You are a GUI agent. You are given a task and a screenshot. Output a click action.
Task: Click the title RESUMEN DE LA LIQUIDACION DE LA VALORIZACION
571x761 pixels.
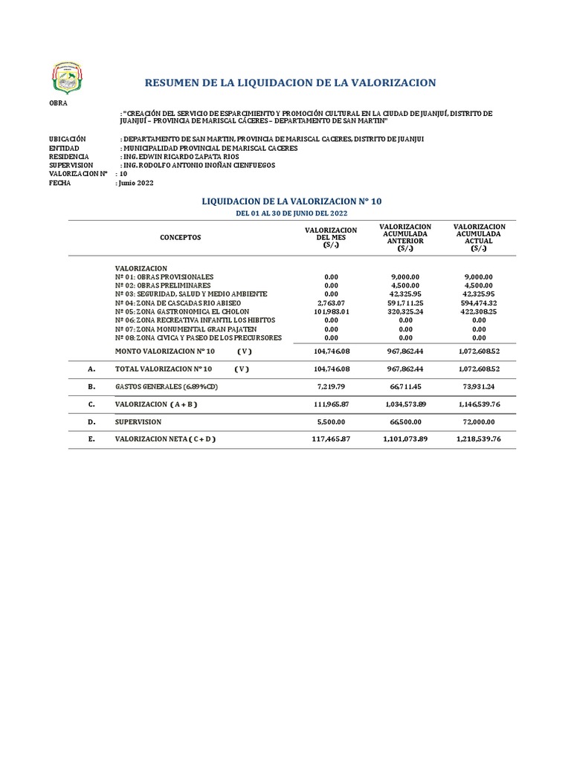(x=290, y=82)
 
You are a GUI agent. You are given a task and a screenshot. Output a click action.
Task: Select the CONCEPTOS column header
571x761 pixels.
(x=180, y=237)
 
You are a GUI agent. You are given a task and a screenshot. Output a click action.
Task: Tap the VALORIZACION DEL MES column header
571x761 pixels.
(x=331, y=238)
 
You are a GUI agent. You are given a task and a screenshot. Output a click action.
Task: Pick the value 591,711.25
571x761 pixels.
(x=405, y=303)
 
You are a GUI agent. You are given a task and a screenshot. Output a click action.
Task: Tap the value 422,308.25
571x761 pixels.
(x=479, y=312)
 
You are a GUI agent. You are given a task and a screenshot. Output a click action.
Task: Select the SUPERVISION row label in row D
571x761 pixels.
(x=138, y=421)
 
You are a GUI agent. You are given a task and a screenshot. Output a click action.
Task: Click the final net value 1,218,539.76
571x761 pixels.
(x=479, y=439)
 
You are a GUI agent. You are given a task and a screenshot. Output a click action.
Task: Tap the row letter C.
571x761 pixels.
(x=91, y=404)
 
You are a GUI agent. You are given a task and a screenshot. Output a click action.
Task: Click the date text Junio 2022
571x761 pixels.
(x=137, y=183)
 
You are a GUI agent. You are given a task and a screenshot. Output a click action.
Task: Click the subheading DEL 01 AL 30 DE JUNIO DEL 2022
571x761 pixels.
(x=291, y=214)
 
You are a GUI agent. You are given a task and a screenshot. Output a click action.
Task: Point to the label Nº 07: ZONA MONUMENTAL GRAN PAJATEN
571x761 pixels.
(x=186, y=329)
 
